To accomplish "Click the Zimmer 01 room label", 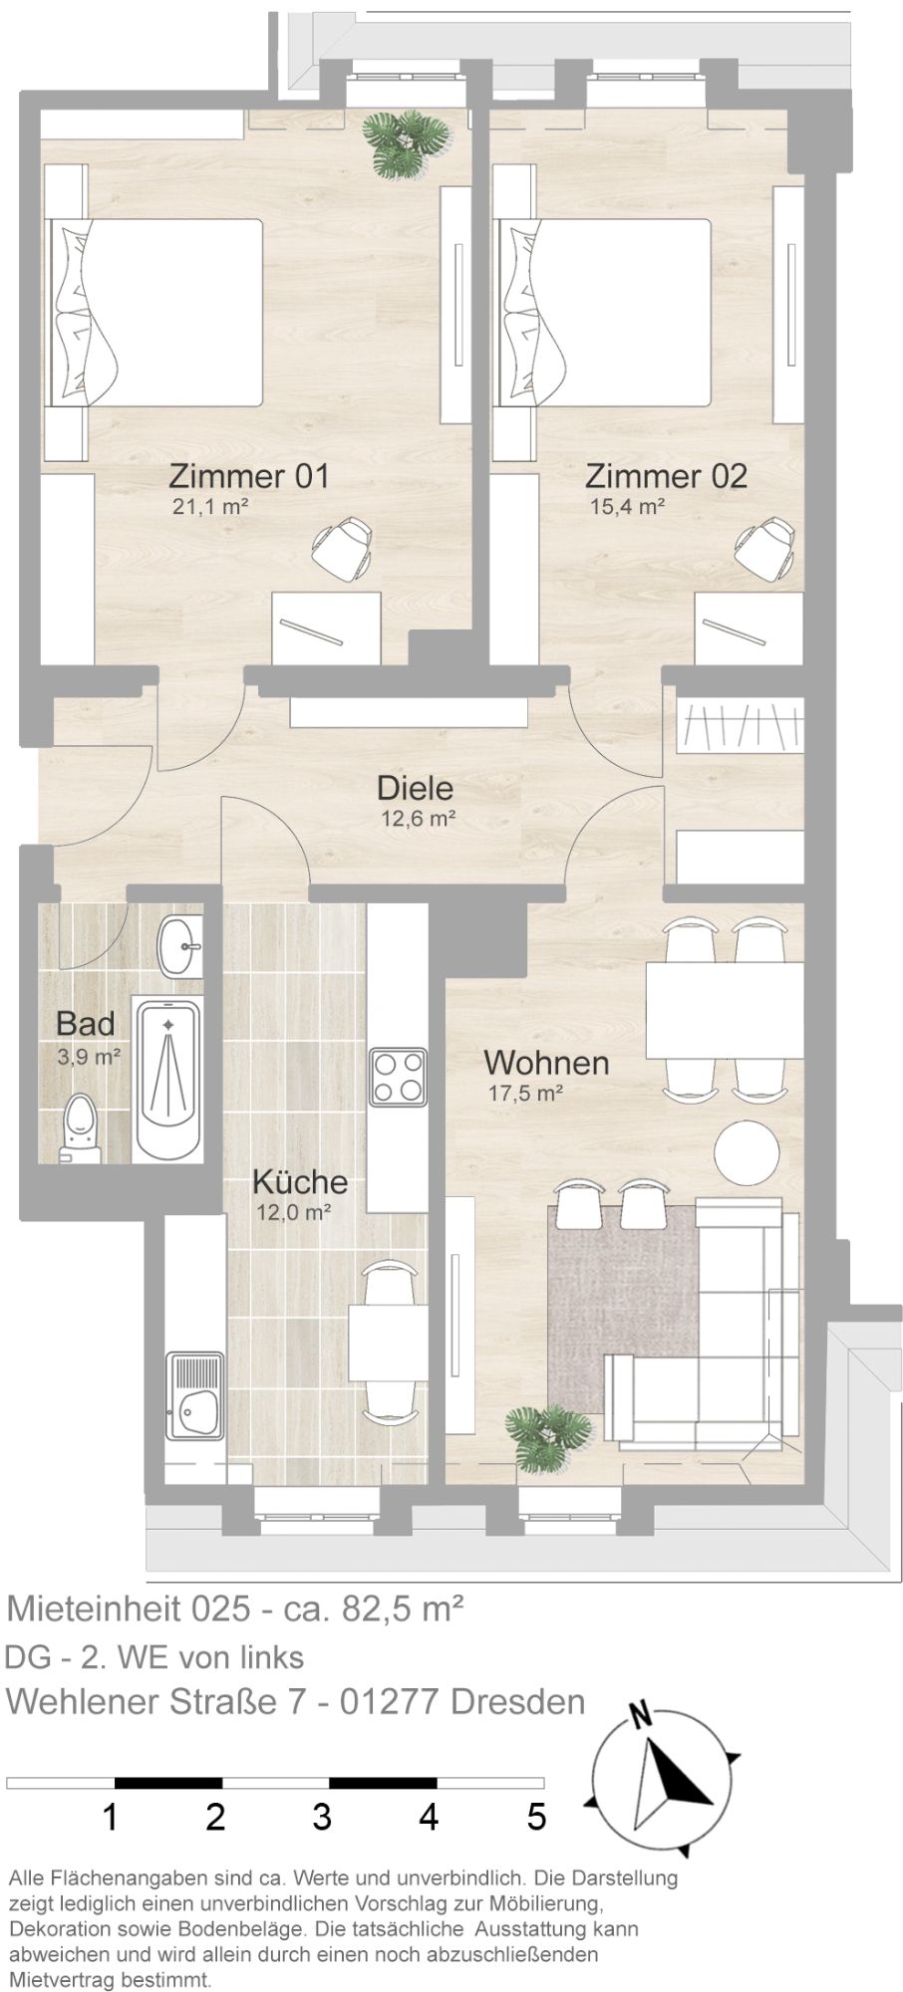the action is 248,475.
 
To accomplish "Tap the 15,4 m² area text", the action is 627,506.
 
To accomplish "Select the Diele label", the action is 415,789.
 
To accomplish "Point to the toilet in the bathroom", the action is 80,1129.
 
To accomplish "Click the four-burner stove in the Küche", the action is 397,1077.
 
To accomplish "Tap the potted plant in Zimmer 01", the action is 407,140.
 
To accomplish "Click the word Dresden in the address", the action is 517,1701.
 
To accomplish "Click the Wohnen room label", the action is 546,1062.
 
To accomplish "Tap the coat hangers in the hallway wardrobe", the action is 739,728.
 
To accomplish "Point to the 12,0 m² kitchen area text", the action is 292,1212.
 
